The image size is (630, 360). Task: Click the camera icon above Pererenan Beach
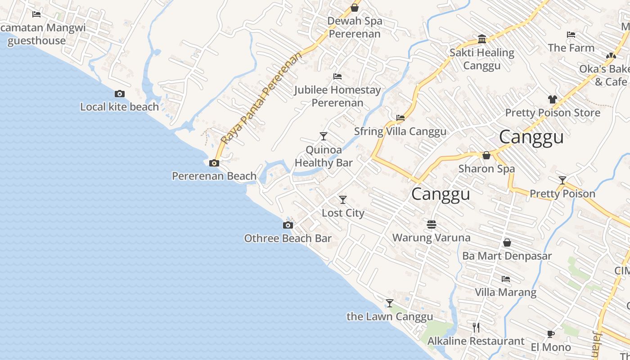214,163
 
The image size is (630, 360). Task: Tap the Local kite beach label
119,107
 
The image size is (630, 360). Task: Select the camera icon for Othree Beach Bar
288,225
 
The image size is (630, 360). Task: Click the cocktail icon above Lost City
343,200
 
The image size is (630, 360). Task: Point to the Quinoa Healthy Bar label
324,156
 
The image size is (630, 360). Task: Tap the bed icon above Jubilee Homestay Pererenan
337,76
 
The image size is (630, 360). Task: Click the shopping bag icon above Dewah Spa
355,8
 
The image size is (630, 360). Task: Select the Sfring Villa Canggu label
400,131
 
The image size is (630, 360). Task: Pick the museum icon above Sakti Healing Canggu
482,39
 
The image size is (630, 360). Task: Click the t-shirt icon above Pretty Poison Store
553,99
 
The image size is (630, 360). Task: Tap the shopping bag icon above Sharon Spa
486,156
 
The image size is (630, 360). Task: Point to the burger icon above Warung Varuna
432,224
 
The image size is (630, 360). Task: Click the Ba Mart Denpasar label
507,256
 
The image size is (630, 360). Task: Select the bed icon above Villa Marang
506,279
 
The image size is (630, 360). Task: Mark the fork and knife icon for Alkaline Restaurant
476,328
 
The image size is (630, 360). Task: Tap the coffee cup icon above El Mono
551,334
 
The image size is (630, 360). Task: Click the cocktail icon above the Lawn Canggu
390,303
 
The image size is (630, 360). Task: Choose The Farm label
571,48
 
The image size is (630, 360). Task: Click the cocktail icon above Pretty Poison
562,180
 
